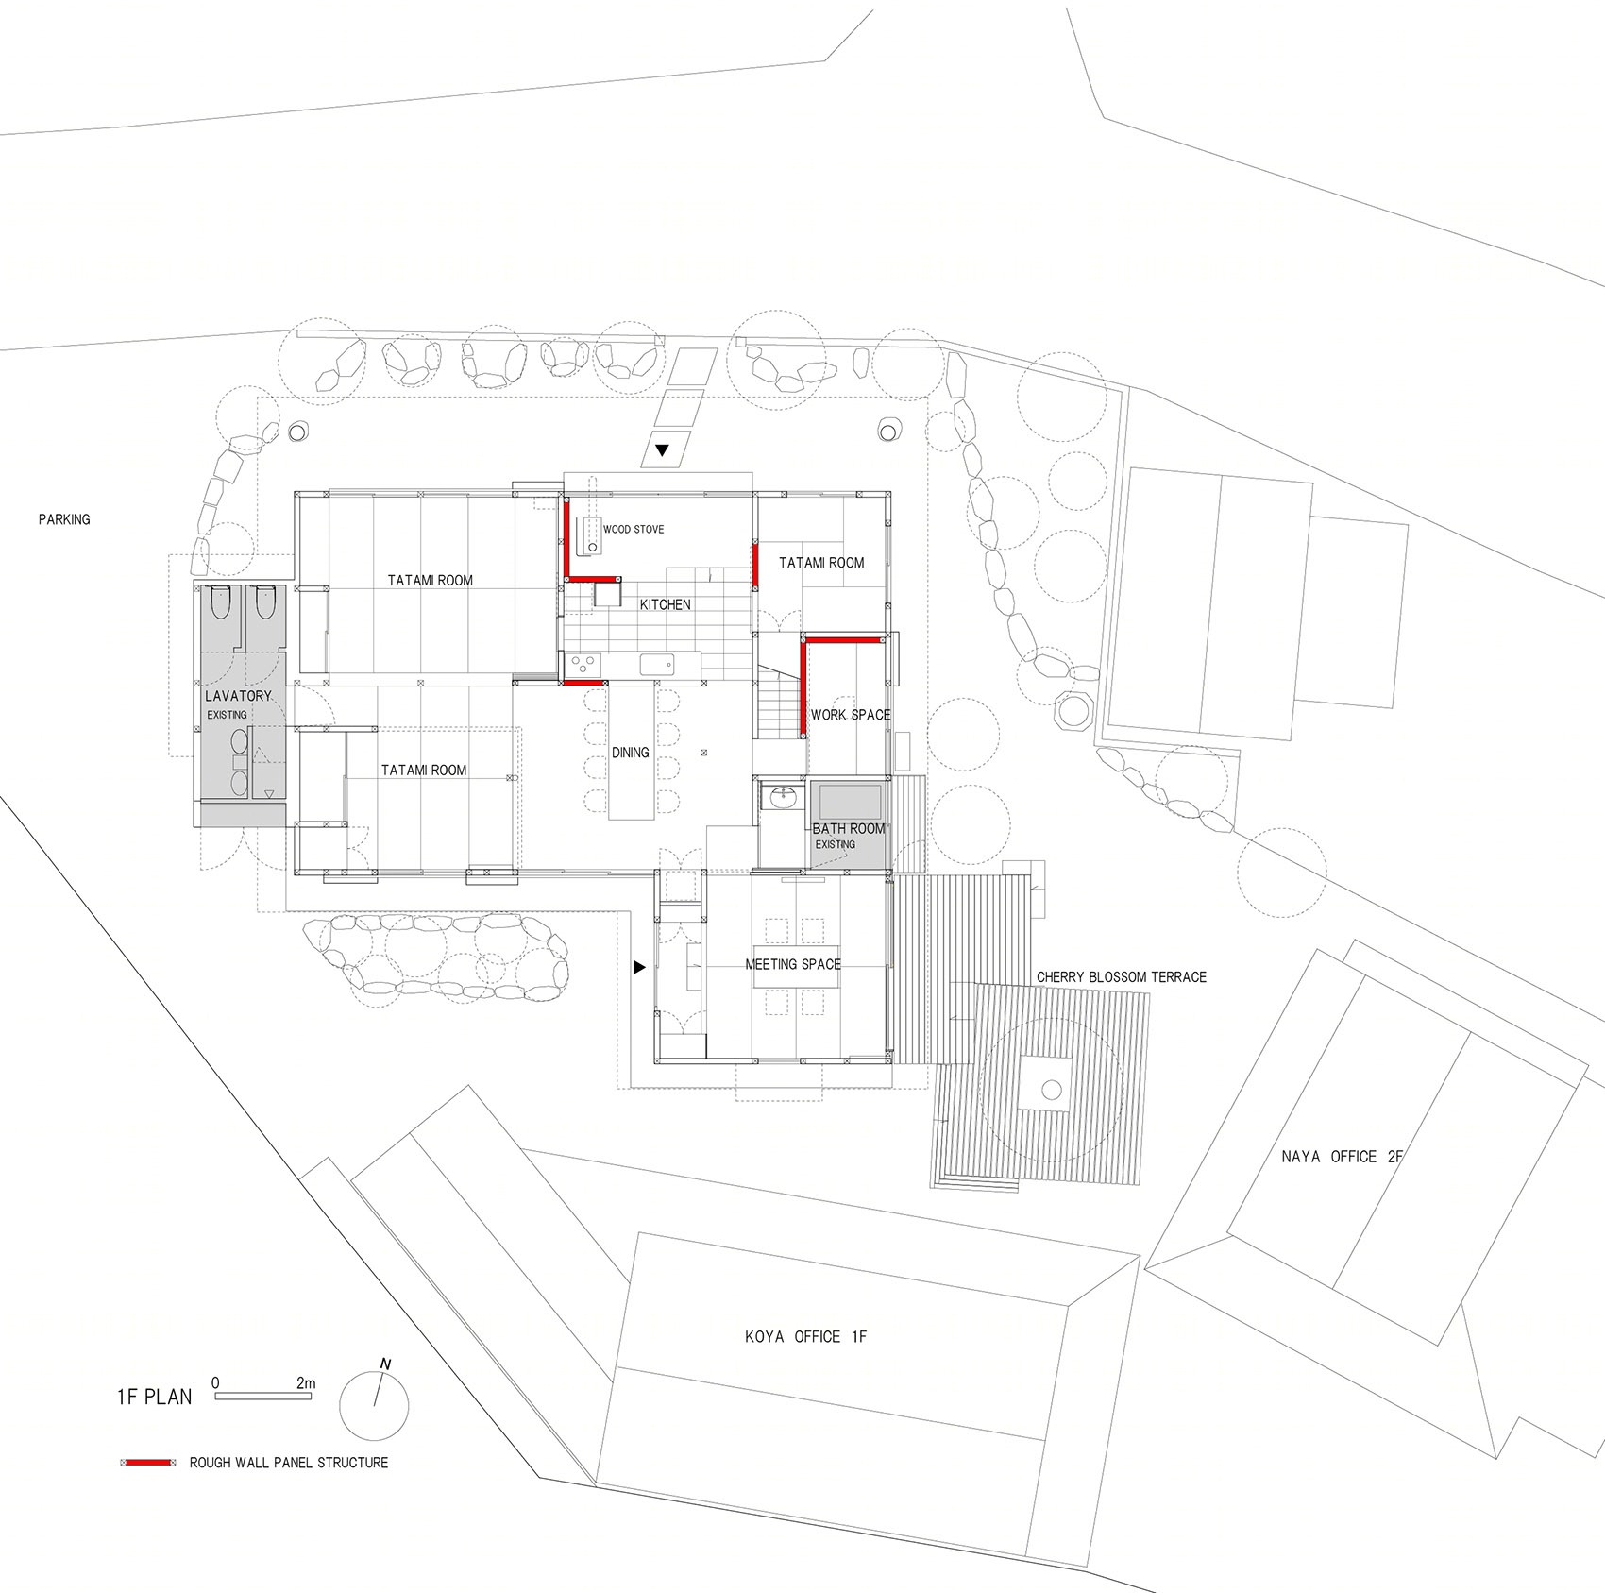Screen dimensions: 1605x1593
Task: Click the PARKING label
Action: pos(64,519)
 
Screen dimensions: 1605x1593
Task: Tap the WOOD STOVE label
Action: pos(634,529)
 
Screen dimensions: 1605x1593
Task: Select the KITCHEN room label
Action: pos(666,604)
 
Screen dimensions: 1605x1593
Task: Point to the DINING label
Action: pos(631,753)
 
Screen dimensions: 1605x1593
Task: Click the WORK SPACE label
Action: pos(851,715)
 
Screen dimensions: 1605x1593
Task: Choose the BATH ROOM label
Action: pos(849,828)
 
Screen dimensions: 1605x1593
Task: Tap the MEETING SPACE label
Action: pos(793,964)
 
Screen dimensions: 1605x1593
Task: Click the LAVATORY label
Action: pos(238,696)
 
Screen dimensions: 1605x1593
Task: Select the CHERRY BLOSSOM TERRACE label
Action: pos(1122,977)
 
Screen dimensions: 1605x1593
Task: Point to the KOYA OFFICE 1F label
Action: pos(805,1336)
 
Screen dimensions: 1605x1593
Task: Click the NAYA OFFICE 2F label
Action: pos(1343,1156)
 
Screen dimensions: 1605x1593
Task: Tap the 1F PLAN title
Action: pos(154,1397)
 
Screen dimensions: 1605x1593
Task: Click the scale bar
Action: pos(263,1395)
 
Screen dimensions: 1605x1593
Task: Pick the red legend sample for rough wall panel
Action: pos(148,1463)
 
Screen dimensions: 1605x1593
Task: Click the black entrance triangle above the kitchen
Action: pos(662,450)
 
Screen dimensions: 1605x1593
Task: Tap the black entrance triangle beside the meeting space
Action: pos(639,967)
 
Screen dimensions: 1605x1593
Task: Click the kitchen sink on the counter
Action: pos(657,665)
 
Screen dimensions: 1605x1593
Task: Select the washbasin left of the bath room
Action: pos(784,798)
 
